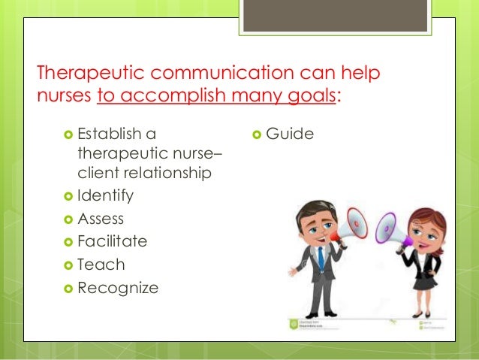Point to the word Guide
289,135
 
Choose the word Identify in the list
105,195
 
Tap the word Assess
101,219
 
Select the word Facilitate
112,241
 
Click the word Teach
101,265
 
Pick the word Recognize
118,287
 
